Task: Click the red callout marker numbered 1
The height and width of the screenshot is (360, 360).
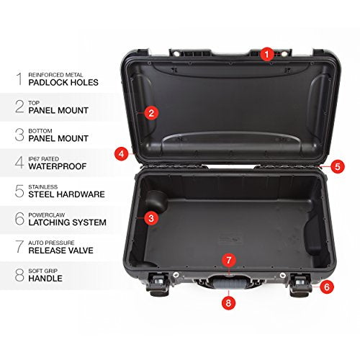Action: (266, 53)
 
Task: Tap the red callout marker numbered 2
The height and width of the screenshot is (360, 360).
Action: (150, 112)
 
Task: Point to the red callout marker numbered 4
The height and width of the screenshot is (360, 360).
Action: (121, 153)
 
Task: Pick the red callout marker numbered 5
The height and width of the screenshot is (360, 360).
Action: (338, 166)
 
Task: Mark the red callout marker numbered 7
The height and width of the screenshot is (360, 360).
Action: (228, 258)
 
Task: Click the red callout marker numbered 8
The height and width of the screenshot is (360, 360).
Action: (228, 303)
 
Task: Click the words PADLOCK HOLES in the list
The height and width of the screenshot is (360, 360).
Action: (63, 82)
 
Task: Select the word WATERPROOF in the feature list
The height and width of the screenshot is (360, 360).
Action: (57, 166)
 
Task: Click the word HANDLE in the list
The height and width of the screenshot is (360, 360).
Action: (47, 278)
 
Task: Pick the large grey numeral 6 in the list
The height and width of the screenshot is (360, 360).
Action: (19, 218)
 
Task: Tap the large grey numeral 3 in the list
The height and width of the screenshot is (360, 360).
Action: (19, 134)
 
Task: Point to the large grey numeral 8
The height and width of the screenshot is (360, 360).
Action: (19, 274)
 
